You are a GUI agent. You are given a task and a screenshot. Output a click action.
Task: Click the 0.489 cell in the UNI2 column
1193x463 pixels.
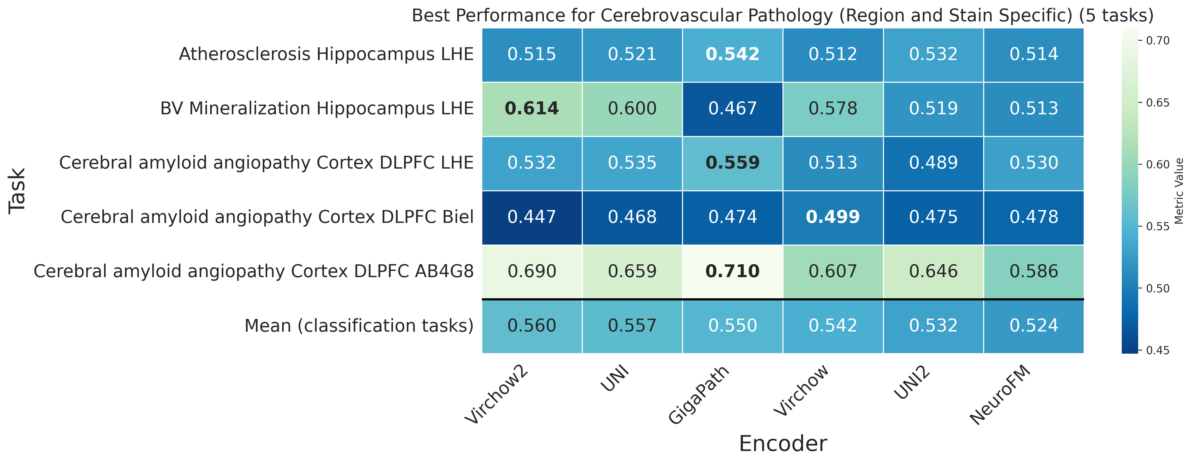click(933, 163)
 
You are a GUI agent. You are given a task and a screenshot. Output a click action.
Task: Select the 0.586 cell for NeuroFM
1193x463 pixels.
click(1034, 271)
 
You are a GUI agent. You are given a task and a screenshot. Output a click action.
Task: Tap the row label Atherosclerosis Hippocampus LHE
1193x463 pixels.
click(326, 55)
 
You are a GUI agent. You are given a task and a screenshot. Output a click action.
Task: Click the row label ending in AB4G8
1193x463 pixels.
click(253, 271)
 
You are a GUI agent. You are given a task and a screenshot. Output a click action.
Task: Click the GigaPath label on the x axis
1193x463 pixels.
click(699, 394)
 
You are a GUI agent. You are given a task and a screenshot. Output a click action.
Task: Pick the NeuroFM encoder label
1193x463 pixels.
click(1000, 394)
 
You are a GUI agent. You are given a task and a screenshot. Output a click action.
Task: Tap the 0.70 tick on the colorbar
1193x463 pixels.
click(1157, 41)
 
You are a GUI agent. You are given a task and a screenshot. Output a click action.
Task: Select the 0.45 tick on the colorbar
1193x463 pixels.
click(1157, 351)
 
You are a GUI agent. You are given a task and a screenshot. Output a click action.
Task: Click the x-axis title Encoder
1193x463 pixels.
click(783, 443)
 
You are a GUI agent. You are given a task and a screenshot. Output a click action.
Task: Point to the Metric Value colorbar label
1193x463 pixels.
click(1179, 191)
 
